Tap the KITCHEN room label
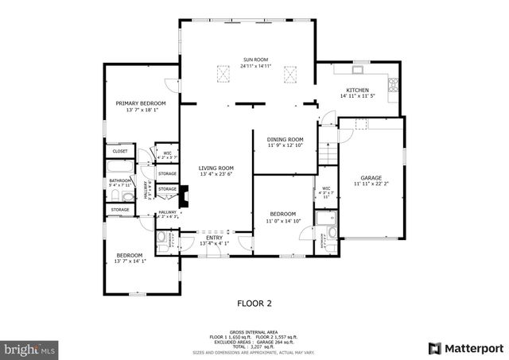tap(356, 90)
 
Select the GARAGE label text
tap(371, 177)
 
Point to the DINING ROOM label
tap(285, 139)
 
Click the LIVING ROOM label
tap(216, 168)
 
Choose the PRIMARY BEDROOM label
tap(140, 103)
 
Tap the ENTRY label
tap(215, 238)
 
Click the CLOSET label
tap(120, 151)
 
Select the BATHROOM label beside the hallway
tap(120, 180)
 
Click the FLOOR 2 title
tap(254, 303)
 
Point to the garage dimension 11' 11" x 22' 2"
tap(371, 184)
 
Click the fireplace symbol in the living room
tap(184, 196)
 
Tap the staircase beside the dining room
tap(328, 153)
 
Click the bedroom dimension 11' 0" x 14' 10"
tap(282, 220)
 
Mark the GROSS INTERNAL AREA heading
tap(254, 332)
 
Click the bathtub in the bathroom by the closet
tap(121, 167)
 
